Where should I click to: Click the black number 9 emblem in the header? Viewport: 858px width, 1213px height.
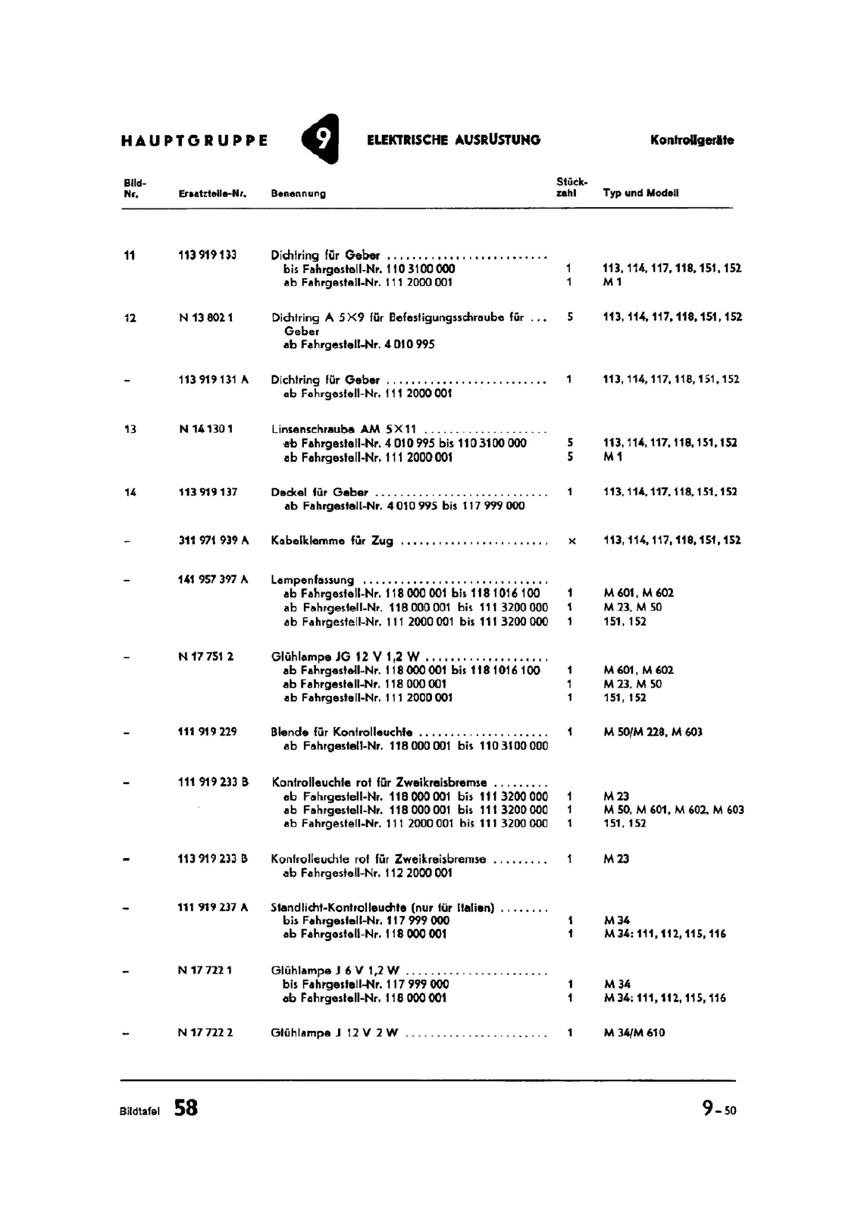(x=321, y=139)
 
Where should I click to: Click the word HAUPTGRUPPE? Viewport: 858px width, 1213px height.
(x=194, y=140)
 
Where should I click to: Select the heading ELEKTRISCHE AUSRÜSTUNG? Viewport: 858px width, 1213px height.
(x=453, y=139)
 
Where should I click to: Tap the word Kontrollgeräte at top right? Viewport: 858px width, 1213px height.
(x=691, y=140)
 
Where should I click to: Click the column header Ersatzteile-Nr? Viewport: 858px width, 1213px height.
(x=213, y=193)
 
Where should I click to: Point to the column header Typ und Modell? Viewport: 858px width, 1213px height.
(x=640, y=193)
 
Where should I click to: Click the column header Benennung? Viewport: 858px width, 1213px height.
(x=298, y=193)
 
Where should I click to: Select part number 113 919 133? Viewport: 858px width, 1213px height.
(x=207, y=255)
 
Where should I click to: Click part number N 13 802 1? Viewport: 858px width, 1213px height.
(x=205, y=318)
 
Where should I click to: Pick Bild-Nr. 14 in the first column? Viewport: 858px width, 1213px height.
(x=130, y=492)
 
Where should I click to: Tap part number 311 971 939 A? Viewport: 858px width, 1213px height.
(x=213, y=540)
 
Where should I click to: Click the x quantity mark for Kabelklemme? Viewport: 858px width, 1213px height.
(x=571, y=541)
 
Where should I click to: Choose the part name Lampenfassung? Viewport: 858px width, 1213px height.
(x=312, y=580)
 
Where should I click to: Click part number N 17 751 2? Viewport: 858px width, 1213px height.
(x=206, y=657)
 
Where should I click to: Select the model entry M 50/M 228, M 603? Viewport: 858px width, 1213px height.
(x=653, y=732)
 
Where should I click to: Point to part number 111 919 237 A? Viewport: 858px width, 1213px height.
(x=213, y=907)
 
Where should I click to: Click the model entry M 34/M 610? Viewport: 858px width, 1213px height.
(x=634, y=1033)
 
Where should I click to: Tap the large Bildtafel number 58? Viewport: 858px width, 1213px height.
(x=186, y=1108)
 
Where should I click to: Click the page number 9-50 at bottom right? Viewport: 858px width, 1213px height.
(x=719, y=1109)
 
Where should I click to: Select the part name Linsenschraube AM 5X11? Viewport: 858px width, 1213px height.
(x=343, y=429)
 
